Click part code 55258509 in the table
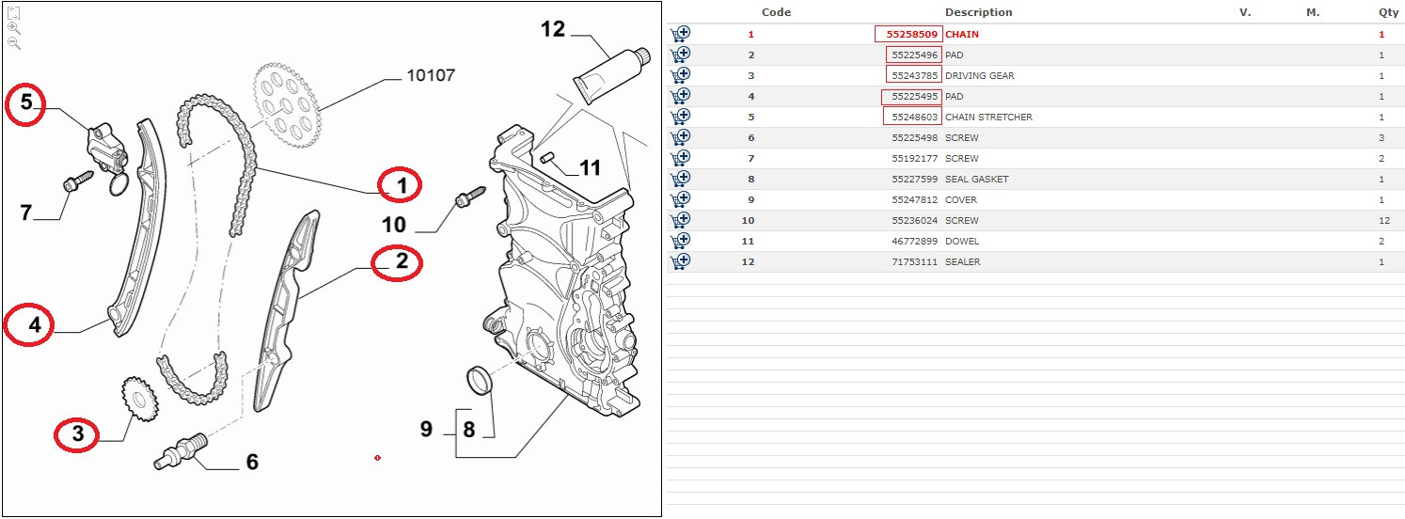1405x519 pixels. [x=911, y=35]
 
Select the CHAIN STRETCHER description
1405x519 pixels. [x=988, y=118]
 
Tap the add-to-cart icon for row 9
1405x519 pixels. [x=680, y=200]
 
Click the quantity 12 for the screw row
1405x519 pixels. [x=1384, y=221]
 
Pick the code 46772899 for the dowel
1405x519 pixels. [x=914, y=242]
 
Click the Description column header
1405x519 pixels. [x=978, y=12]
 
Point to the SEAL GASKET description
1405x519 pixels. [x=976, y=180]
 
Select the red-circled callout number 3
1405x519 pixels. [x=77, y=433]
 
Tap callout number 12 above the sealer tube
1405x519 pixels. [x=553, y=29]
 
